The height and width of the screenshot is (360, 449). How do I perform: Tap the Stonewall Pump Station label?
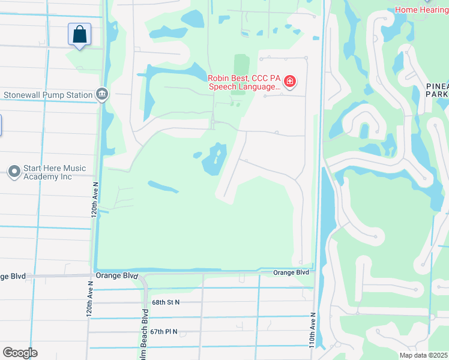[48, 95]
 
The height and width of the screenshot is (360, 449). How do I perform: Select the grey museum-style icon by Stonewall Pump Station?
[103, 94]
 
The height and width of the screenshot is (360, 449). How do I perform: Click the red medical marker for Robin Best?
[290, 82]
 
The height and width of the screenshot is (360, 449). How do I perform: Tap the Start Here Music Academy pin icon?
[14, 172]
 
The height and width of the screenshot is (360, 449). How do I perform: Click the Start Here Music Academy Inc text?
[54, 172]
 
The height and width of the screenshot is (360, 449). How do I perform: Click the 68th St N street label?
[166, 303]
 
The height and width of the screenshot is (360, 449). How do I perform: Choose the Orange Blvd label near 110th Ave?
[291, 272]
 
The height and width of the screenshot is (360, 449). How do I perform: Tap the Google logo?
[20, 353]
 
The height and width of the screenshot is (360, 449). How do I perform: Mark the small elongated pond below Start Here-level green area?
[163, 187]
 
